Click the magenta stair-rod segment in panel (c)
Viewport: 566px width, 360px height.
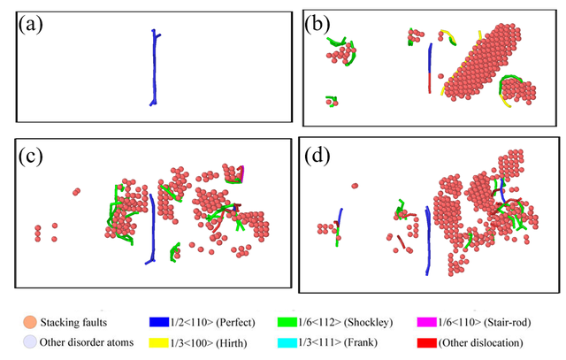point(241,172)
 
